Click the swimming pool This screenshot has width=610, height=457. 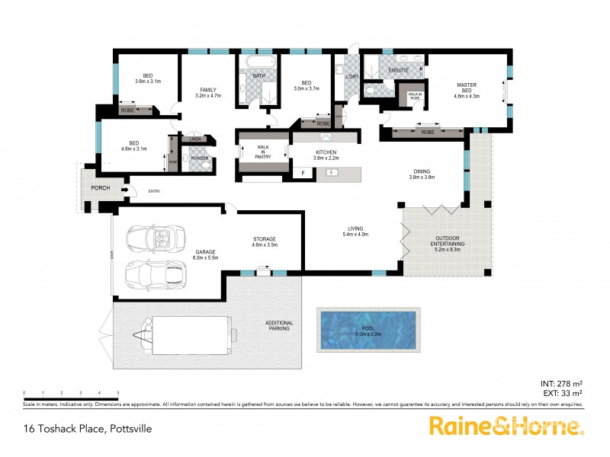pos(367,328)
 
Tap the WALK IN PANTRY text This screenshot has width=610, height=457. pos(262,151)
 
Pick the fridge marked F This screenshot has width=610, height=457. pos(303,174)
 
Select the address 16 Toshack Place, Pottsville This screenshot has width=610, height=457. pos(88,429)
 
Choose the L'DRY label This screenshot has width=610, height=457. pos(352,78)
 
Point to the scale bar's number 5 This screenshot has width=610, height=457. pos(117,392)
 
